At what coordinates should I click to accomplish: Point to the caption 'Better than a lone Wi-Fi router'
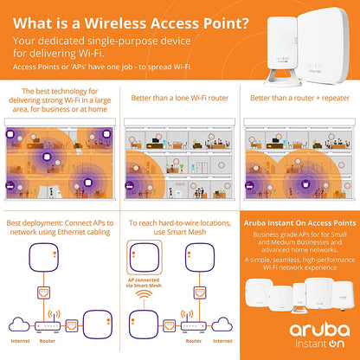[180, 98]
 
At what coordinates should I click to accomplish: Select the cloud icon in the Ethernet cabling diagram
[18, 323]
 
